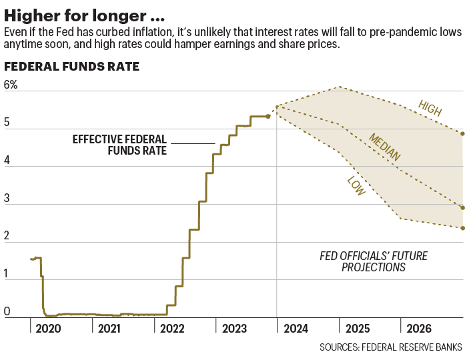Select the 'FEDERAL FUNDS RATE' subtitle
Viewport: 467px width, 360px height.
[71, 67]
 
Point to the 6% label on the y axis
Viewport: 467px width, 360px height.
[11, 85]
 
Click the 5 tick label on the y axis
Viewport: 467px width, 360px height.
[7, 123]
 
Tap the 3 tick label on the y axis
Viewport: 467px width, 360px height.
[7, 198]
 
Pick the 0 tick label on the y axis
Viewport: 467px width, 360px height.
[7, 311]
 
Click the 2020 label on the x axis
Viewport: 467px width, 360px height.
[48, 329]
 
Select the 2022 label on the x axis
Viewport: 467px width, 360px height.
[171, 329]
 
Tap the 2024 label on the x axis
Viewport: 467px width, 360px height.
[296, 329]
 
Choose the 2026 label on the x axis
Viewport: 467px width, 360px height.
[419, 329]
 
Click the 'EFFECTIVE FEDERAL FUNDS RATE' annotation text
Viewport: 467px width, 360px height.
[119, 145]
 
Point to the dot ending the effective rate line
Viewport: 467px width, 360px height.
[268, 116]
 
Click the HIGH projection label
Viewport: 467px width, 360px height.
[430, 108]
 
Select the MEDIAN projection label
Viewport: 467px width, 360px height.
[385, 147]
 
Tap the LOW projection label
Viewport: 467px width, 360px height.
[356, 186]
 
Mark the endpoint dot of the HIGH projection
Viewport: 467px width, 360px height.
[462, 133]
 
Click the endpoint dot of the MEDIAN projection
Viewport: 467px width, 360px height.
[462, 207]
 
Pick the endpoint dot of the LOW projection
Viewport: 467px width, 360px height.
[462, 228]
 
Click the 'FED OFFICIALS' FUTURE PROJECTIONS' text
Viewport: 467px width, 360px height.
[374, 261]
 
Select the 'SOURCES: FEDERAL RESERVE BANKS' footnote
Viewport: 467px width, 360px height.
[391, 347]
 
